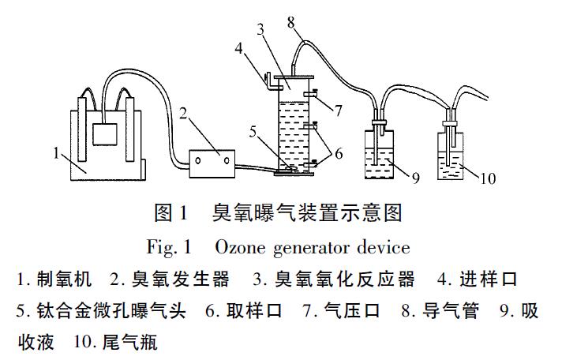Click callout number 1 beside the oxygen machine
[x=58, y=152]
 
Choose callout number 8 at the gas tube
[x=291, y=22]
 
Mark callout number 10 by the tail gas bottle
[x=487, y=178]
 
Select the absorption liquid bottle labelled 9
[x=382, y=155]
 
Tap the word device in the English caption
[x=387, y=247]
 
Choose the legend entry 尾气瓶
[x=128, y=344]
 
